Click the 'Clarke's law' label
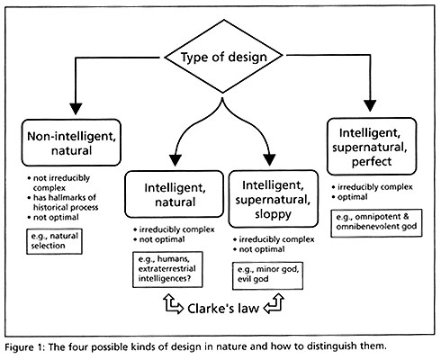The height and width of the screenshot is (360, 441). pos(223,309)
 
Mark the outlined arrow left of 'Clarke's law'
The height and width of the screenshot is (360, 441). pos(173,304)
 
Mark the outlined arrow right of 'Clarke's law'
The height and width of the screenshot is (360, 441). pos(274,303)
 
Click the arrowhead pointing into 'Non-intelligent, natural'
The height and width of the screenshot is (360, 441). pos(76,109)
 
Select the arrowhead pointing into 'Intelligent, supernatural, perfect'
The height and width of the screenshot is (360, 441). pos(370,105)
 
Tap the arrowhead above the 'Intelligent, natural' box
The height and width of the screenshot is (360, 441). pos(175,160)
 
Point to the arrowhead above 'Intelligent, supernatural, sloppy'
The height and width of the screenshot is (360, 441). pos(269,160)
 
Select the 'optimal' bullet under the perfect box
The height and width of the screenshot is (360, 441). pos(349,197)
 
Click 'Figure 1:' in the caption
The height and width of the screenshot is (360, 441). pos(25,347)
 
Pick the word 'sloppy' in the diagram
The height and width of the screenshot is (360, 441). pos(273,214)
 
